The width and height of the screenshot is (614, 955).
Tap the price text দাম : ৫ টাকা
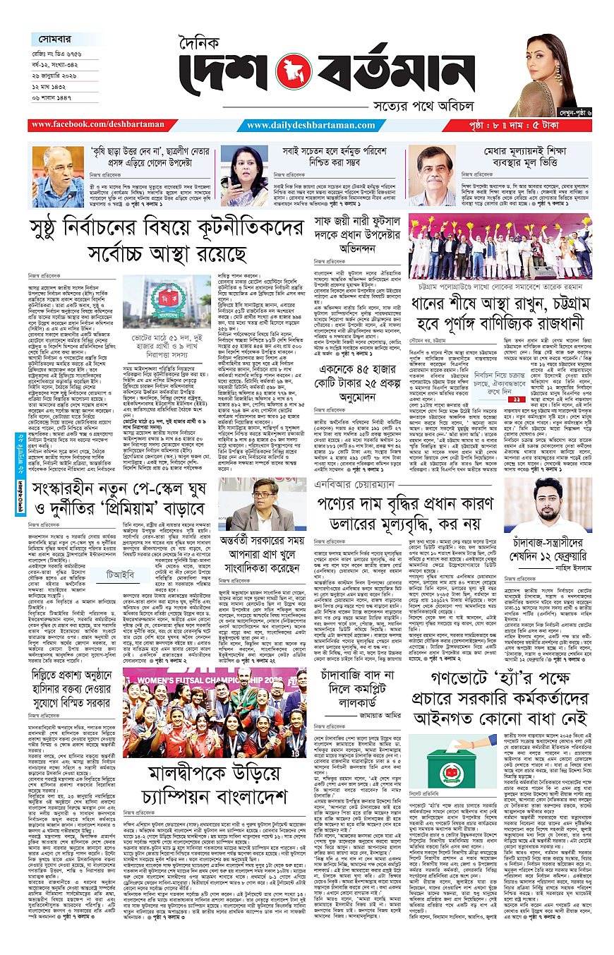tap(547, 126)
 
